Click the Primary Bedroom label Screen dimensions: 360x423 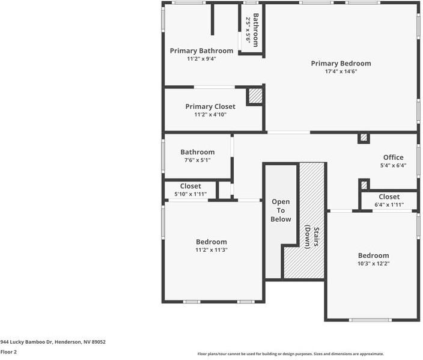tap(341, 63)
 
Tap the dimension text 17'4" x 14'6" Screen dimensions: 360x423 tap(341, 72)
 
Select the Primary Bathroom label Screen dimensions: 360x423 tap(201, 51)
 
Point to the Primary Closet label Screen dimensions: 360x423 tap(210, 106)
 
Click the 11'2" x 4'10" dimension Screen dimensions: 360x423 tap(210, 115)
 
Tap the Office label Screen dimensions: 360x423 tap(393, 157)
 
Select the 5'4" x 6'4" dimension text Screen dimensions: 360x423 tap(393, 166)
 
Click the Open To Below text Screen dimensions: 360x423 tap(281, 210)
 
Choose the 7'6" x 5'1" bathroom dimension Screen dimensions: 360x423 tap(198, 161)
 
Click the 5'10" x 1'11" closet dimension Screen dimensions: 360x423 tap(190, 194)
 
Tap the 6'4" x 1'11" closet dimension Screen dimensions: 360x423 tap(389, 205)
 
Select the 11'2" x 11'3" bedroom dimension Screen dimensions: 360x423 tap(211, 250)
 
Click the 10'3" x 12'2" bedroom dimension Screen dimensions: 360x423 tap(373, 263)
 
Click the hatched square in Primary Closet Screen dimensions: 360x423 tap(255, 96)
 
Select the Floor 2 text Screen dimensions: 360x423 tap(8, 352)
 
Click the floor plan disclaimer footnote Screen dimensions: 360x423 tap(291, 354)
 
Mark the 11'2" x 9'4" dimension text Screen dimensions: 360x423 tap(201, 59)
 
